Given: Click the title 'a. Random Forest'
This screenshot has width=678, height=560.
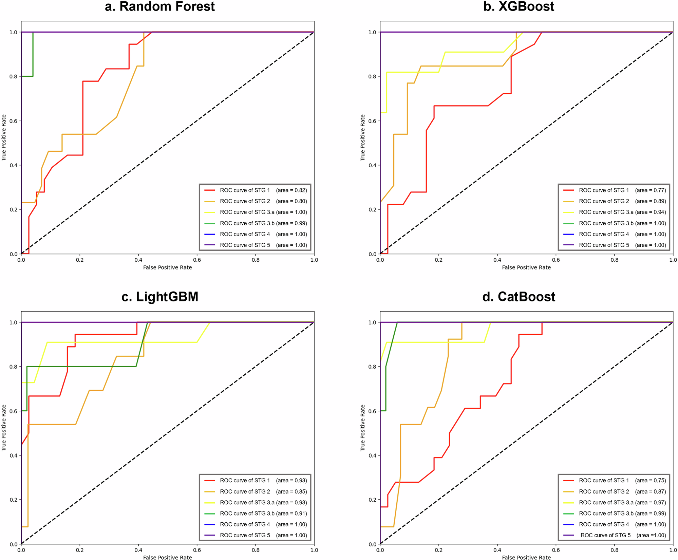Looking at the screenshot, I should (159, 7).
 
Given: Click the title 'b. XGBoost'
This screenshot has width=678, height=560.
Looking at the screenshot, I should (519, 7).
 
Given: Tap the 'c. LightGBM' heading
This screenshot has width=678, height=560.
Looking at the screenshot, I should (159, 297).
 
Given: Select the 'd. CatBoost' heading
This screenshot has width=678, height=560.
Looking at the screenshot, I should (519, 297).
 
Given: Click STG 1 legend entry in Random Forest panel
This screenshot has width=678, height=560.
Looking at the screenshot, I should (245, 190).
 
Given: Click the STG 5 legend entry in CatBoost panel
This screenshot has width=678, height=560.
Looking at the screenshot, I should (605, 535).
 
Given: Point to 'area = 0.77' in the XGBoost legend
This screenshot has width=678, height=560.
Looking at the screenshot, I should (651, 190).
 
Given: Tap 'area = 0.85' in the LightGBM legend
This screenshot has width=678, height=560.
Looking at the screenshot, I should (291, 491).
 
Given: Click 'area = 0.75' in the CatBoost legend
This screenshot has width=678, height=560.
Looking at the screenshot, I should (651, 480).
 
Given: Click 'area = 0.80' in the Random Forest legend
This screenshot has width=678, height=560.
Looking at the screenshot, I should (291, 201).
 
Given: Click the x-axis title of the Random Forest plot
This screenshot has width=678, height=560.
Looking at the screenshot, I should (167, 267).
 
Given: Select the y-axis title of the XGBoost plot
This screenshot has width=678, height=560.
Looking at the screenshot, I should (362, 137).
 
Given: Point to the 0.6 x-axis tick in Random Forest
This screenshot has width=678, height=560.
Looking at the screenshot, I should (197, 260).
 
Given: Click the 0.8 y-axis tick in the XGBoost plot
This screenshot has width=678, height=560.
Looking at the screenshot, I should (372, 76).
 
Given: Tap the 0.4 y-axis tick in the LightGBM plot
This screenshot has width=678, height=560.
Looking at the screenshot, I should (13, 455).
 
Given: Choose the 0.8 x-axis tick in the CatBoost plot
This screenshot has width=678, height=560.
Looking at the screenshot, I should (614, 550).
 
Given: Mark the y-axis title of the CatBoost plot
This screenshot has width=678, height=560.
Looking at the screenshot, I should (362, 428).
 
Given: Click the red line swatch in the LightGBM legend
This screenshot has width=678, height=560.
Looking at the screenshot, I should (210, 480).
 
